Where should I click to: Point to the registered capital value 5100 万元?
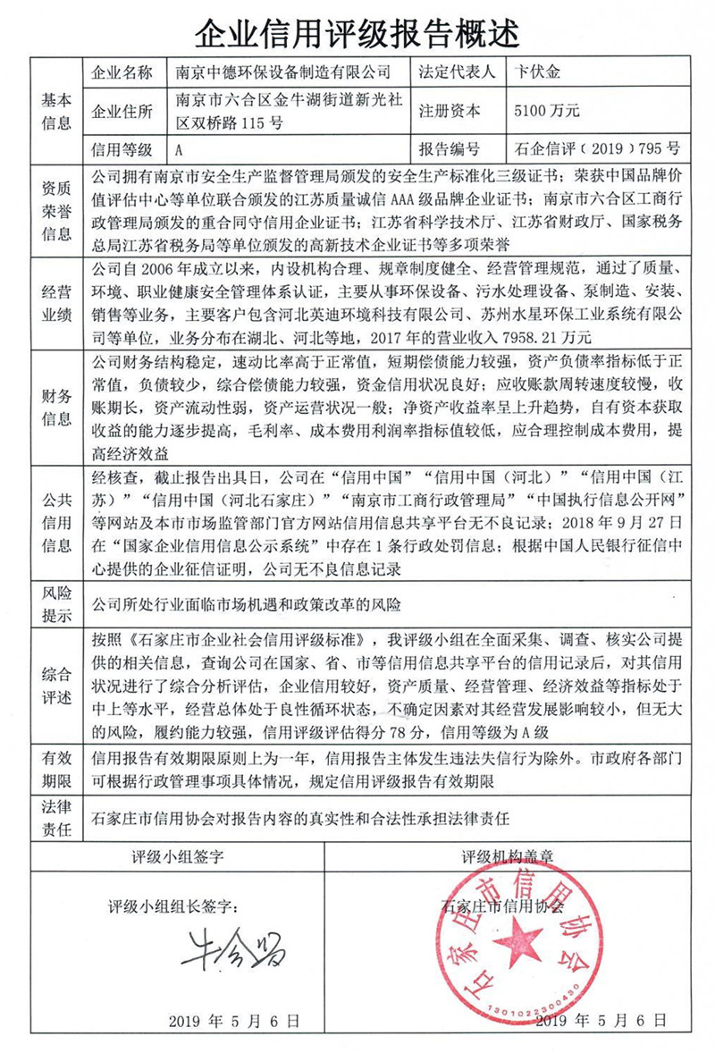[548, 111]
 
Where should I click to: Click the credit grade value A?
[181, 149]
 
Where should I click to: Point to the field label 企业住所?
[122, 111]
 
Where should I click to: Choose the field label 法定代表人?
[454, 70]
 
